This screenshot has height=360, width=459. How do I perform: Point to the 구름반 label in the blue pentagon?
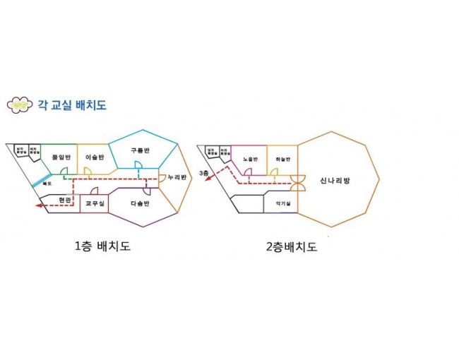pyautogui.click(x=140, y=150)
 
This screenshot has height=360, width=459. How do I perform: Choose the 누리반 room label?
pyautogui.click(x=177, y=176)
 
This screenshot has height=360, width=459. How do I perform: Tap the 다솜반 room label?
pyautogui.click(x=142, y=203)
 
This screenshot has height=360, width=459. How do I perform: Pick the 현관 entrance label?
pyautogui.click(x=65, y=200)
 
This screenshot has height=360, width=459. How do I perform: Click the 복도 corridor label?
pyautogui.click(x=47, y=183)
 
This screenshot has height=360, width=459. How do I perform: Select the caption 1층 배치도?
pyautogui.click(x=102, y=246)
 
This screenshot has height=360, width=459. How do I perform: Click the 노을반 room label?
pyautogui.click(x=249, y=159)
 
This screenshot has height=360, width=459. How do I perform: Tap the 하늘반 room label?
pyautogui.click(x=282, y=159)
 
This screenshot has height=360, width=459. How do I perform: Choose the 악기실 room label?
pyautogui.click(x=282, y=203)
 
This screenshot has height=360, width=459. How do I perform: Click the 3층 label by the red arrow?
pyautogui.click(x=203, y=172)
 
